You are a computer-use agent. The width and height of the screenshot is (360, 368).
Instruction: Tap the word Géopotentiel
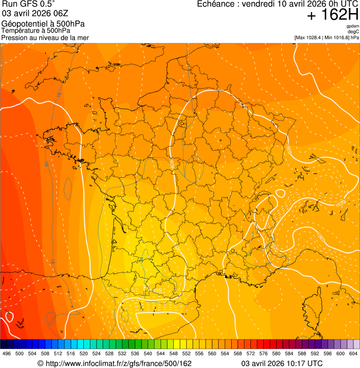tap(24, 24)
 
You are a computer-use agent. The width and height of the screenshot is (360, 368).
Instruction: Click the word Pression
tap(15, 37)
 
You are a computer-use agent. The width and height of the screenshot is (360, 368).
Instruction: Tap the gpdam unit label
tap(353, 26)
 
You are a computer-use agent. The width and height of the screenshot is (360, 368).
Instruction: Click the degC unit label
tap(353, 32)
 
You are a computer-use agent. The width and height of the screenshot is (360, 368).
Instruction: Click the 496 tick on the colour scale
tap(7, 353)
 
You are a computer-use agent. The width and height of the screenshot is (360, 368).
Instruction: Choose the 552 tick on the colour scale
tap(186, 353)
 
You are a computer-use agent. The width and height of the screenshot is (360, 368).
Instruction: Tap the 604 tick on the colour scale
tap(353, 353)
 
